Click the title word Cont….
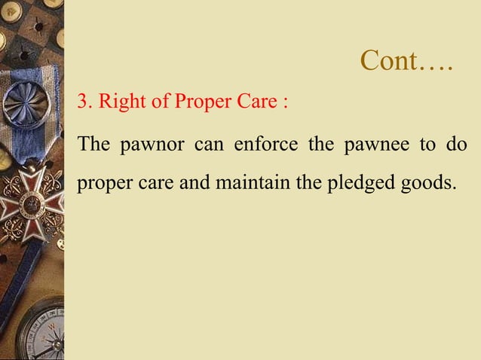pyautogui.click(x=406, y=61)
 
